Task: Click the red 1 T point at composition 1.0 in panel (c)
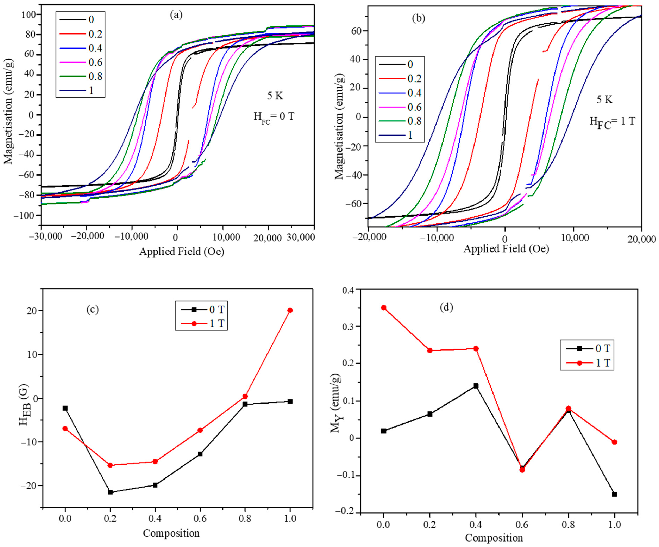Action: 290,310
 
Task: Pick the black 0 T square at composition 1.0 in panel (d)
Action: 614,494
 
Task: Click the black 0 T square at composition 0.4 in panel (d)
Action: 476,386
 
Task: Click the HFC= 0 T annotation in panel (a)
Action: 274,117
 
